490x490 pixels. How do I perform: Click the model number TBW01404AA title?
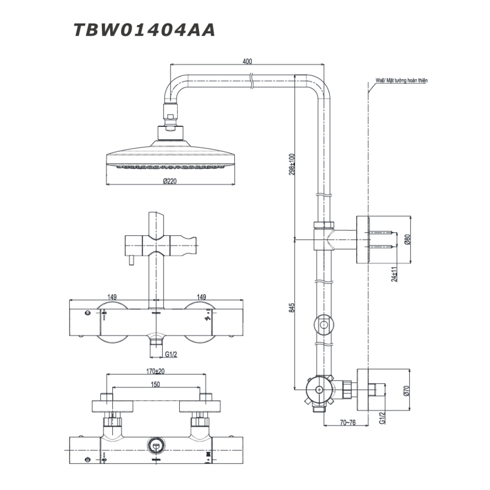coord(145,30)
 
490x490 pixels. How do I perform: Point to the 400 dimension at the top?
coord(247,62)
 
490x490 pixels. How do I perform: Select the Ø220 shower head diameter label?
coord(169,181)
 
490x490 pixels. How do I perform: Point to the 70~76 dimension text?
coord(347,421)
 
